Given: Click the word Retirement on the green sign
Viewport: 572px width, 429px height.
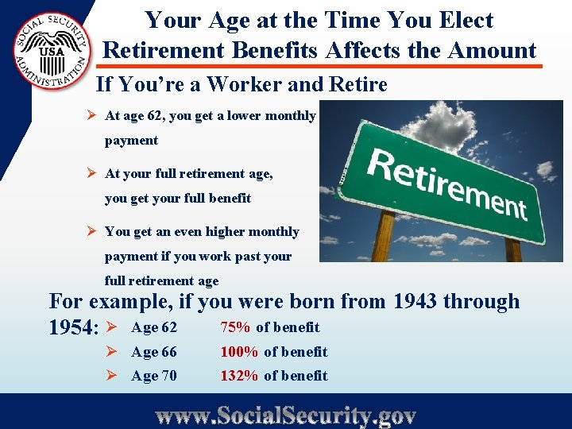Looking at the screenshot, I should (447, 182).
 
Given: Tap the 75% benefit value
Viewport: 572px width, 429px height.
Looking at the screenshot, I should (236, 327).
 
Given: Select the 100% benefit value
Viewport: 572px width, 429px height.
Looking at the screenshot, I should (239, 352).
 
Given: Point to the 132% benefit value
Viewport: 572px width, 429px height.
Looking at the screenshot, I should (239, 376).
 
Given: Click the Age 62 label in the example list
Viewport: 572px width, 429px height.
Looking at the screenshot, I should (154, 327).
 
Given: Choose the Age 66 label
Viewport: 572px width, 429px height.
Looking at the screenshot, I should (154, 352).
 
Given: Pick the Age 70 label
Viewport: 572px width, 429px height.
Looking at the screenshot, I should (154, 376).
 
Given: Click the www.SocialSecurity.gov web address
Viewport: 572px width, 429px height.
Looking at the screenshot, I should (286, 415).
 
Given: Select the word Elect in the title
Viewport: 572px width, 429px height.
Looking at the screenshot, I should (466, 21).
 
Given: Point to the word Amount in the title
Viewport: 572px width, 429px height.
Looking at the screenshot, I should (493, 50).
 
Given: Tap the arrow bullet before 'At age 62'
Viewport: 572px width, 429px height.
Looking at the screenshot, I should (92, 116).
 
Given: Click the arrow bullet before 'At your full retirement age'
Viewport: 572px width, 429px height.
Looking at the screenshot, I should (92, 173).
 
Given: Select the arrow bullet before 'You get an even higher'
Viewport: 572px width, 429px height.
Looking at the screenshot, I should (92, 232).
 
